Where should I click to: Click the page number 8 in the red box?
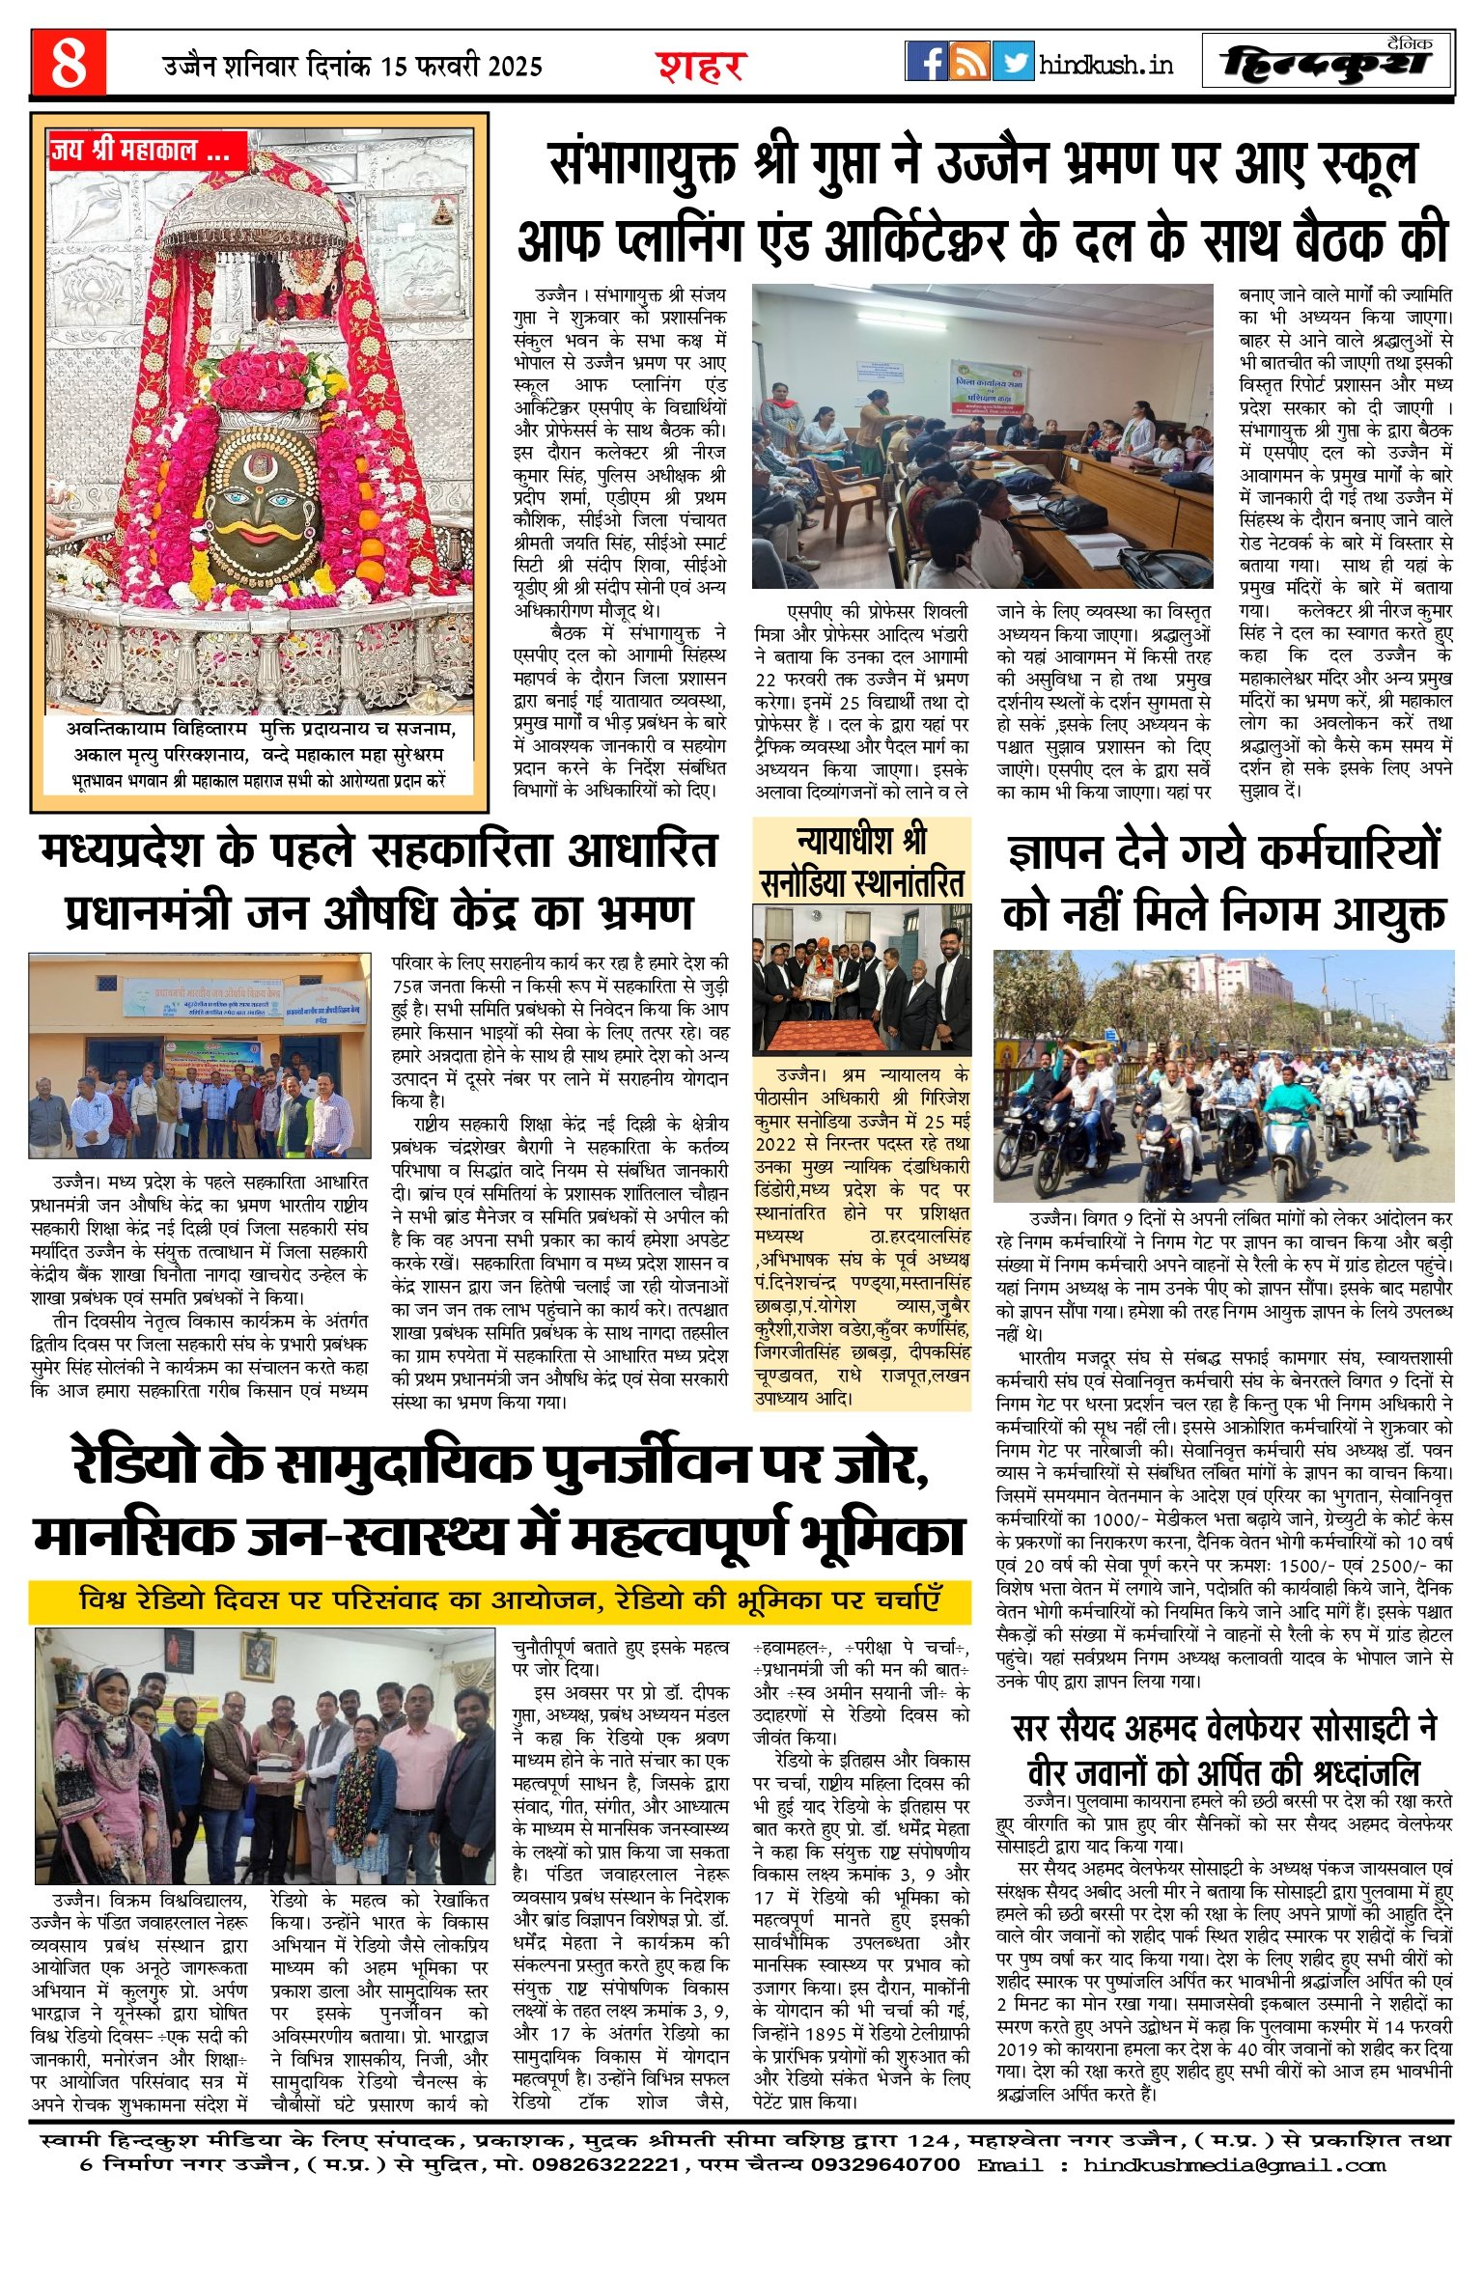69,64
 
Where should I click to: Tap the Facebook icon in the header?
926,61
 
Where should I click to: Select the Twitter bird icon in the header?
1013,61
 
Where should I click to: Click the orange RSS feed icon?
969,61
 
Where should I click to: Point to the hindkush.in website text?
1106,65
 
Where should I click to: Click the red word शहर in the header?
702,66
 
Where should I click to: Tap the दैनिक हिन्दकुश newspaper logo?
1328,63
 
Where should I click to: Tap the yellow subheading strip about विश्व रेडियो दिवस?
499,1600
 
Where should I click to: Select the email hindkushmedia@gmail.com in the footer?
1234,2165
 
